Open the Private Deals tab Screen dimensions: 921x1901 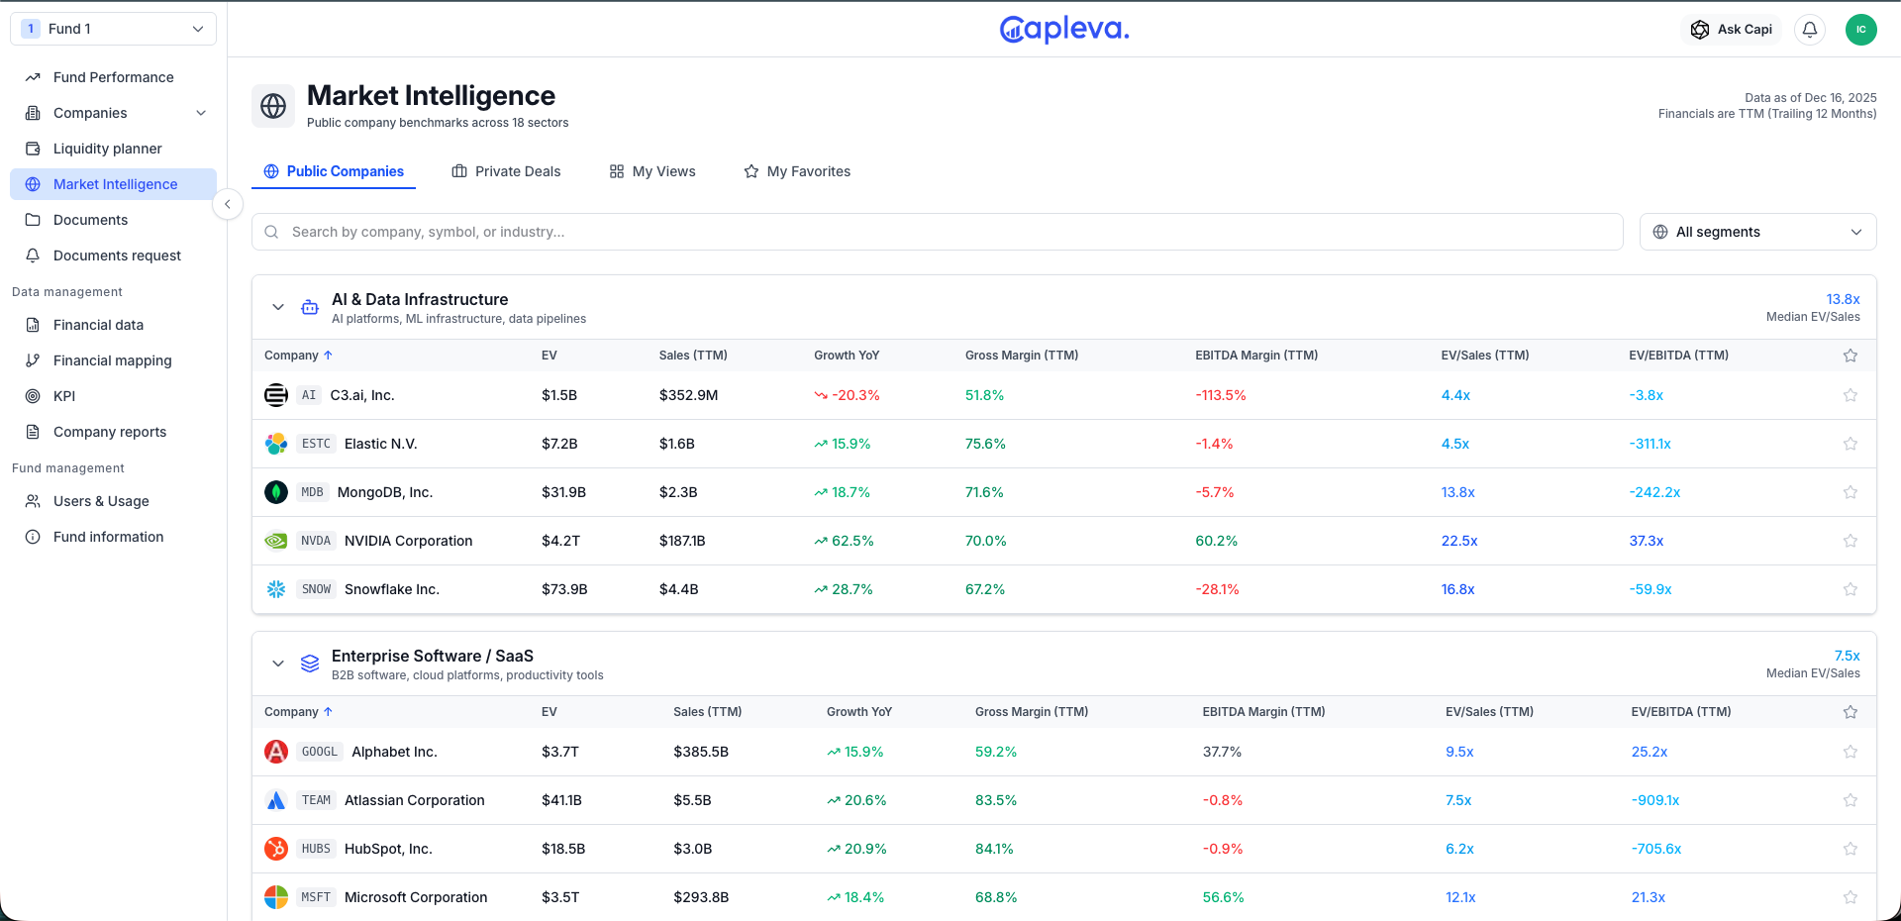(x=506, y=171)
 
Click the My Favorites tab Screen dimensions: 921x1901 (x=797, y=171)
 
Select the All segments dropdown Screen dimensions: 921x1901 (x=1757, y=232)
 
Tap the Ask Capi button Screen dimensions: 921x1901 (x=1732, y=30)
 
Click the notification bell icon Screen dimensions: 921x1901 (x=1810, y=30)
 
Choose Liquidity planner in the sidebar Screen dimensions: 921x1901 (x=107, y=149)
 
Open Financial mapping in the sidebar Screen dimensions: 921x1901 (x=112, y=360)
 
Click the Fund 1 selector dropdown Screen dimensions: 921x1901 (x=113, y=29)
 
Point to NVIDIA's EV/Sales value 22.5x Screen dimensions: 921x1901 (x=1458, y=541)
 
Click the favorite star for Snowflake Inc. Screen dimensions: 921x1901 (x=1850, y=589)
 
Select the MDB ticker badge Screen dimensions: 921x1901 (x=312, y=492)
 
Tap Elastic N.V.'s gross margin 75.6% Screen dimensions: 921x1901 (x=985, y=444)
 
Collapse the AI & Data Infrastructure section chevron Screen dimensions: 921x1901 (x=278, y=307)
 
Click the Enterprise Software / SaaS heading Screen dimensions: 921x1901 (x=432, y=656)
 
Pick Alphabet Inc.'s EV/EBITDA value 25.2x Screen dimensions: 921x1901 (x=1649, y=752)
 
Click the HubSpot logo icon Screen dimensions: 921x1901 (x=276, y=849)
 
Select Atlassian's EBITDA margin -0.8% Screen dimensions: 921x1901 (x=1222, y=800)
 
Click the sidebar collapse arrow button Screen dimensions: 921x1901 (x=228, y=204)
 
